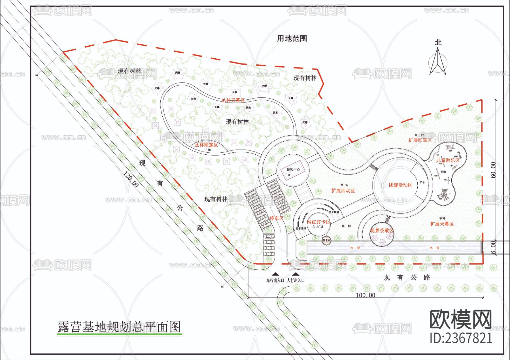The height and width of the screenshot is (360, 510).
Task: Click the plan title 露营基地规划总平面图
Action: pyautogui.click(x=119, y=327)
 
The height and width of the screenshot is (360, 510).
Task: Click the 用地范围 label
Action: pyautogui.click(x=292, y=38)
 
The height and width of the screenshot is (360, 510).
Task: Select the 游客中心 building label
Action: pyautogui.click(x=293, y=170)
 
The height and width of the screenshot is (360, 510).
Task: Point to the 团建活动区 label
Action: pyautogui.click(x=400, y=185)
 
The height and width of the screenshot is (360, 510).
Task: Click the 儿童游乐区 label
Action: pyautogui.click(x=448, y=160)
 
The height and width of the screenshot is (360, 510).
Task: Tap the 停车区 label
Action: pyautogui.click(x=276, y=218)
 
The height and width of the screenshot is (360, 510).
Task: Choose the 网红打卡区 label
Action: pyautogui.click(x=319, y=222)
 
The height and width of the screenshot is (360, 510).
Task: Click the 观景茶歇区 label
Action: pyautogui.click(x=382, y=231)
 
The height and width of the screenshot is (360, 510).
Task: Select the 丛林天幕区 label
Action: pyautogui.click(x=233, y=100)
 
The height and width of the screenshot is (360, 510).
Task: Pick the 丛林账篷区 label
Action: pyautogui.click(x=206, y=145)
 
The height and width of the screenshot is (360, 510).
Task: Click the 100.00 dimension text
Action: pyautogui.click(x=365, y=295)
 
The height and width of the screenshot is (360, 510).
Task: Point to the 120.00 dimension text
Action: pyautogui.click(x=131, y=179)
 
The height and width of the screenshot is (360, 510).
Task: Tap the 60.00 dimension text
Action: pyautogui.click(x=493, y=170)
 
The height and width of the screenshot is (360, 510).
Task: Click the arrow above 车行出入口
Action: pyautogui.click(x=275, y=274)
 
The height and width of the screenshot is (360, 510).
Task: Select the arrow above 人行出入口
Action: pyautogui.click(x=296, y=274)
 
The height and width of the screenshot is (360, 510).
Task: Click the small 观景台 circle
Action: pyautogui.click(x=326, y=240)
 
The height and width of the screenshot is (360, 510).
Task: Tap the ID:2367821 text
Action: pyautogui.click(x=461, y=338)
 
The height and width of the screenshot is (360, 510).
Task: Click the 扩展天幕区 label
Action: pyautogui.click(x=442, y=224)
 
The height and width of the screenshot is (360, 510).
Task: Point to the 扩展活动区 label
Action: pyautogui.click(x=343, y=191)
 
